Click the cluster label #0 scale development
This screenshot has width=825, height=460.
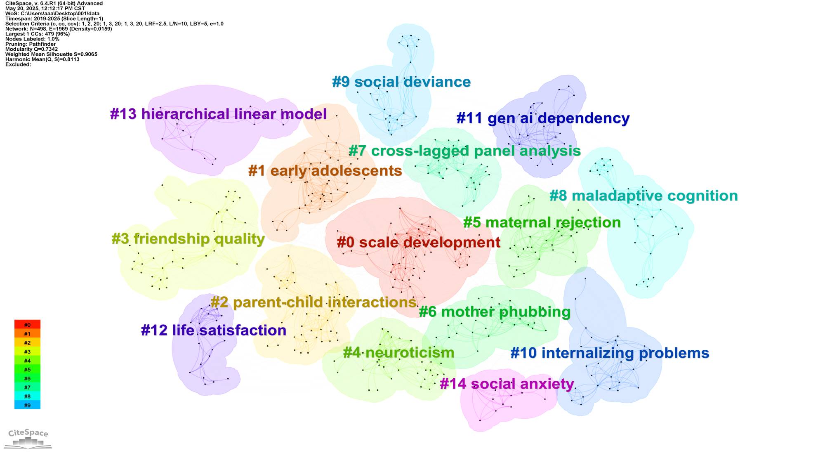point(419,242)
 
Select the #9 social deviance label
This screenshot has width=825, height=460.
point(401,82)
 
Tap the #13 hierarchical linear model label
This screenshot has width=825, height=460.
point(219,114)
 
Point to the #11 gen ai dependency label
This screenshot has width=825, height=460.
point(543,118)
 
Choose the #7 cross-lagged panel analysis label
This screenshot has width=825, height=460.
point(465,151)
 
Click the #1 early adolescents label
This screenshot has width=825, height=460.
point(325,171)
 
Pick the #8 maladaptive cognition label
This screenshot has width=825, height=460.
point(643,196)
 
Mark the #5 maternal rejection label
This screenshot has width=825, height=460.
point(542,223)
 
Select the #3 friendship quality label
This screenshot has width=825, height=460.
point(188,239)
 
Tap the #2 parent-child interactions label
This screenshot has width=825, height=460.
point(313,302)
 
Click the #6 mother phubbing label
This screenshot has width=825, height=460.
point(495,312)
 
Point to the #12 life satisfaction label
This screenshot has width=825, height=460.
point(214,330)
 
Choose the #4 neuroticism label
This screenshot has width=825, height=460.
point(398,353)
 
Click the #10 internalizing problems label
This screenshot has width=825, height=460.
point(610,353)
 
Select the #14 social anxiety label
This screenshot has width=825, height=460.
point(507,384)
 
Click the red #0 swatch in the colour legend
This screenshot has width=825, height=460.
point(27,325)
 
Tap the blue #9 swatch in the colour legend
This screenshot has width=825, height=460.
point(27,405)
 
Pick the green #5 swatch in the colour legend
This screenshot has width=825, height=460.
point(27,370)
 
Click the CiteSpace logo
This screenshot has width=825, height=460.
point(28,439)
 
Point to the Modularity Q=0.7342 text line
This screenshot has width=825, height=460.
point(31,49)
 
